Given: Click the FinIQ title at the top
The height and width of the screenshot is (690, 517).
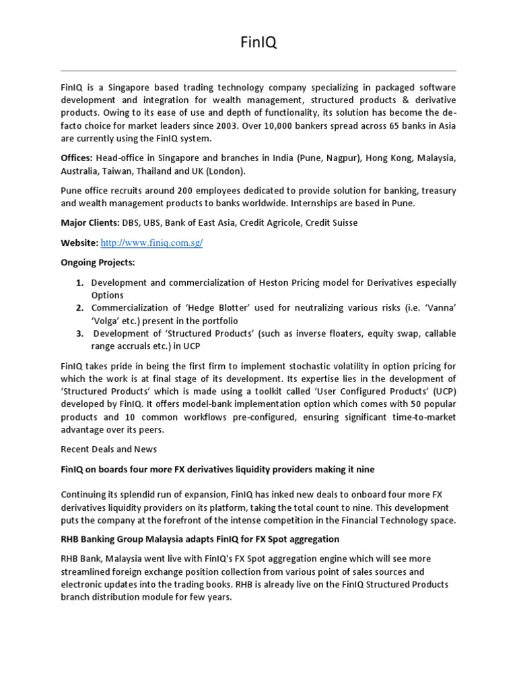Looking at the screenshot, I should tap(258, 43).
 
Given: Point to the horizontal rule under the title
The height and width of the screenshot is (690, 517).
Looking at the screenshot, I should tap(258, 71).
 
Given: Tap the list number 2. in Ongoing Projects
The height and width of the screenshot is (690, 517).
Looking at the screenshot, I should tap(79, 308).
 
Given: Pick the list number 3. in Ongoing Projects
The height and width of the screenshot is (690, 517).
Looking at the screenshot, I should tap(79, 334).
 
